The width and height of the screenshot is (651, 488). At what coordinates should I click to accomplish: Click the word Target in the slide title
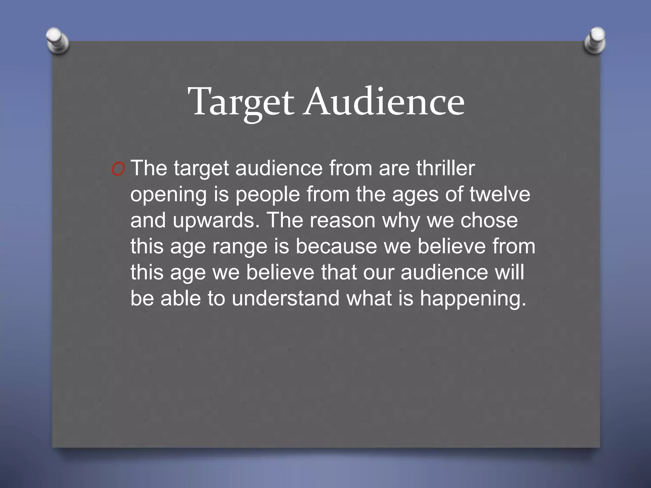coord(241,102)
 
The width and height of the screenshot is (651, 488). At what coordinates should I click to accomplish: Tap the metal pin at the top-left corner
coord(57,40)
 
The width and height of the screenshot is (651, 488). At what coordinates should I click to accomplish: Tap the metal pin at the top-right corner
coord(595,40)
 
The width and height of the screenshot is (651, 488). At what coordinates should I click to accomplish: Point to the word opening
coord(168,195)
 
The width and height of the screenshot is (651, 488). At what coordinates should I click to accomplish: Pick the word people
coord(268,195)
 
